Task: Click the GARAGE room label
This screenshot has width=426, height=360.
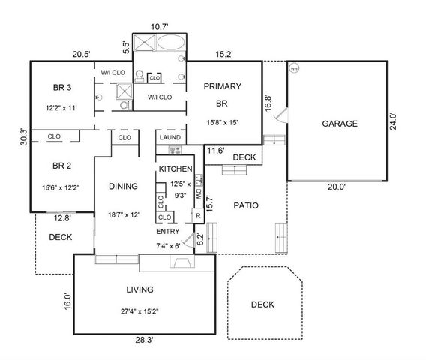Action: (x=339, y=124)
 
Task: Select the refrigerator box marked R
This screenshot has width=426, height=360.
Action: (x=196, y=214)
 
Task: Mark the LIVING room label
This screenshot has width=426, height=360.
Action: (x=139, y=289)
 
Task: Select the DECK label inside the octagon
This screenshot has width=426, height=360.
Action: (x=262, y=304)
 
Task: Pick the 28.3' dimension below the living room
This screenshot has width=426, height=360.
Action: (x=145, y=340)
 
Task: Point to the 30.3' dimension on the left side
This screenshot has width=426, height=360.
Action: (x=23, y=137)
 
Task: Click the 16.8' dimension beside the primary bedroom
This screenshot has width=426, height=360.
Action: (x=268, y=101)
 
